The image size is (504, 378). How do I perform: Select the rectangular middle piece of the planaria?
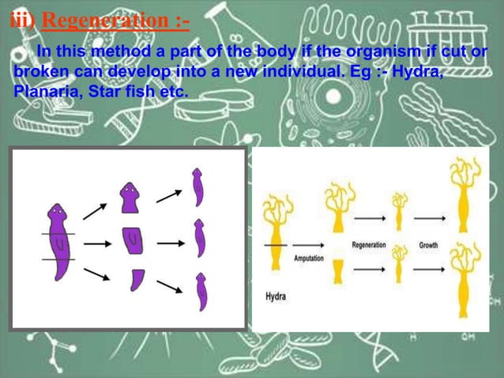[133, 239]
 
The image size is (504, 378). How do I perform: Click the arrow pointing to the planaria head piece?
[95, 210]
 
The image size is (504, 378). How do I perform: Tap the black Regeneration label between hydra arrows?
[369, 245]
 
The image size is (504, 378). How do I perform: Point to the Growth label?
[428, 245]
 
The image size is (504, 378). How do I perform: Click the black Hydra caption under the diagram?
[276, 297]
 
